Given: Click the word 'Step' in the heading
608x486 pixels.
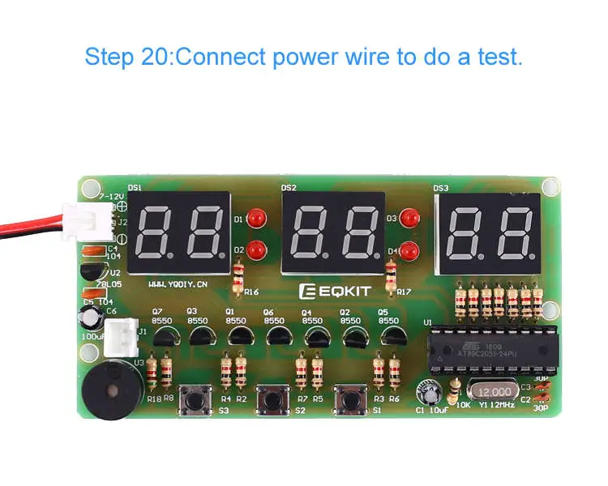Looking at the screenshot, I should (106, 58).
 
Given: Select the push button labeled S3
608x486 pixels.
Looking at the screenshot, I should (195, 400).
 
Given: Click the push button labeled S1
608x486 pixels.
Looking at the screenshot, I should (350, 400).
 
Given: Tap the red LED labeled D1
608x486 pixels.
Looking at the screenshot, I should (258, 218).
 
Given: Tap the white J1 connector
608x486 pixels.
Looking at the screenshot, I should (122, 332).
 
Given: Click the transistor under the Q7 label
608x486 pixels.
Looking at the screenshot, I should (164, 334).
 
